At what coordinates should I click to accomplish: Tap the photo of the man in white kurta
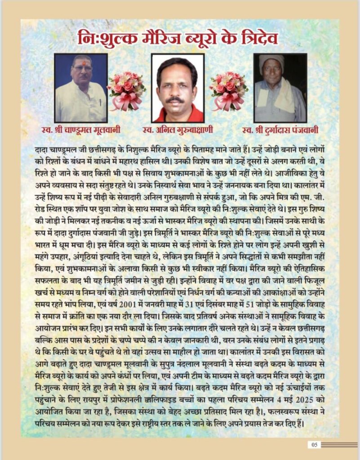click(81, 88)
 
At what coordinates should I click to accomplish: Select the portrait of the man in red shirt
click(178, 88)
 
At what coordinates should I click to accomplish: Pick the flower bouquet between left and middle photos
click(127, 90)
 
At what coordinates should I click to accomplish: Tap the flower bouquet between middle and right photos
click(229, 90)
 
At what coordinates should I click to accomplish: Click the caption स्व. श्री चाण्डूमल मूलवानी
click(82, 131)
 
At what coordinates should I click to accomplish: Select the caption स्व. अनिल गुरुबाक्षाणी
click(178, 131)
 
